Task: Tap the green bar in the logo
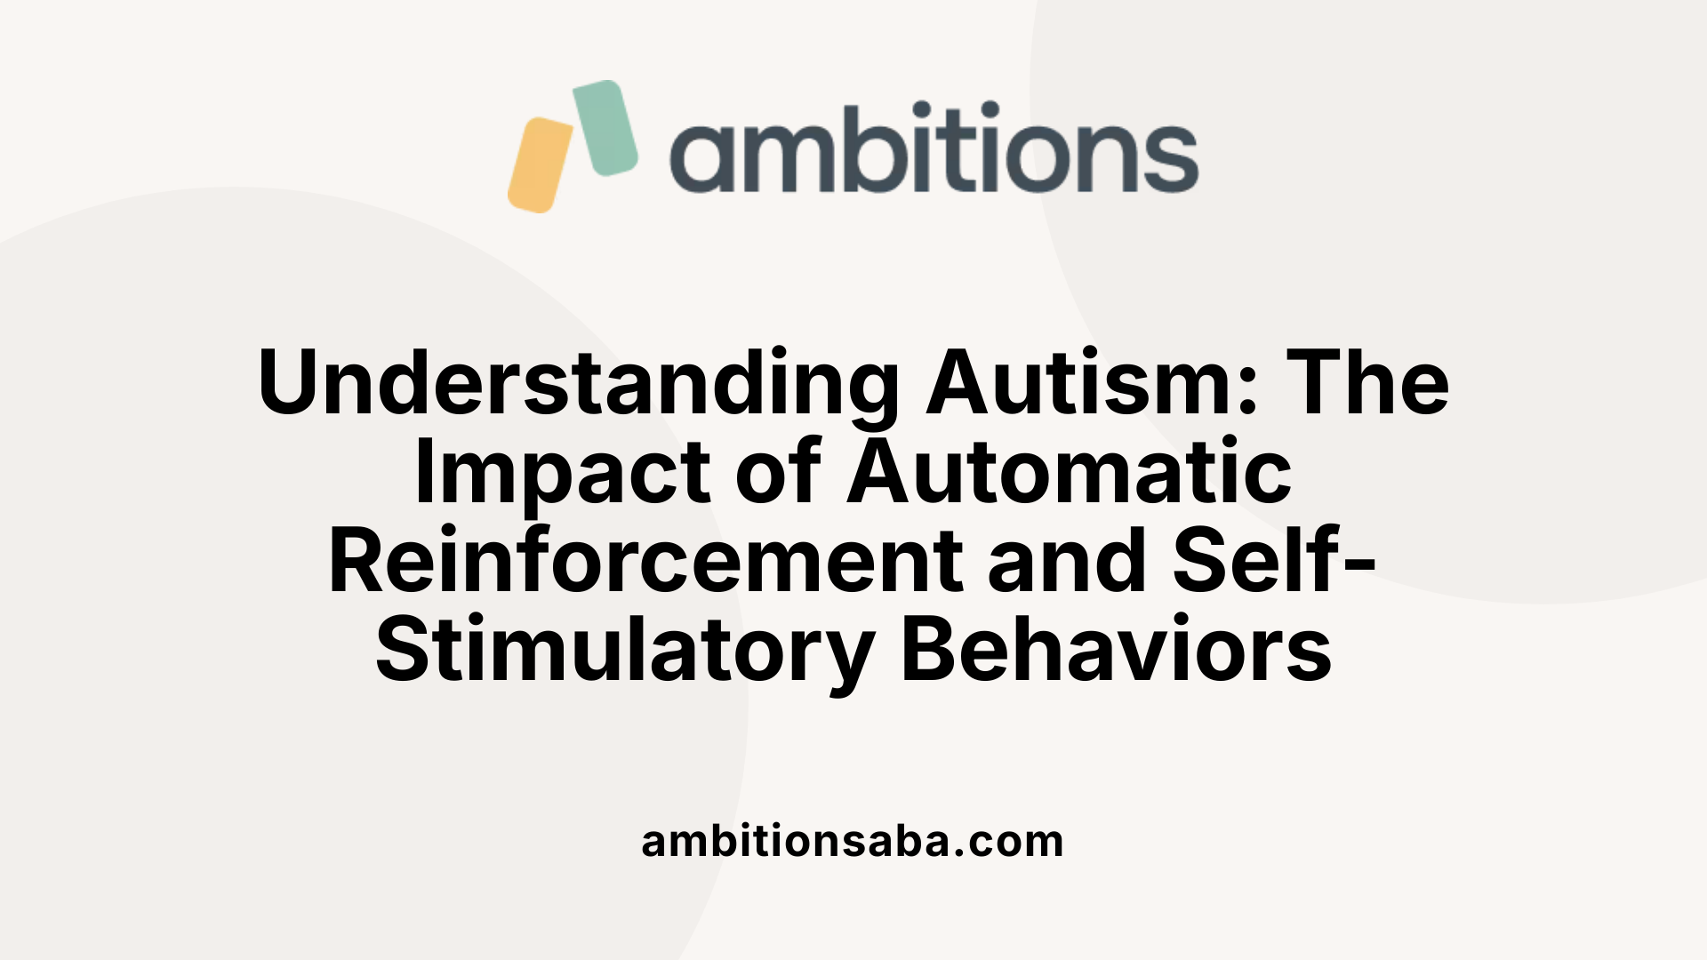[605, 127]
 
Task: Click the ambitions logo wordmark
[934, 148]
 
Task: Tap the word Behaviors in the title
[1116, 651]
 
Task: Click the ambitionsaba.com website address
[853, 841]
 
